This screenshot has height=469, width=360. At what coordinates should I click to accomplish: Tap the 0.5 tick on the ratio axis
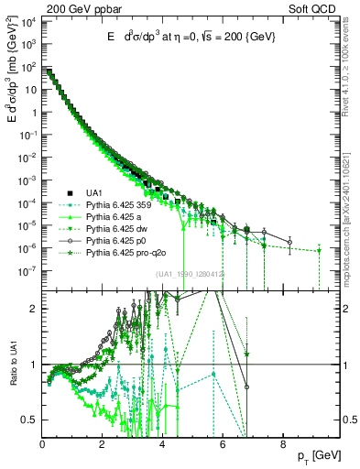point(29,420)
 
